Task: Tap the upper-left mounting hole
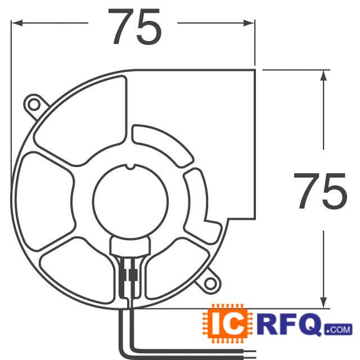(x=34, y=104)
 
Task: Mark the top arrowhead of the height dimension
(x=323, y=76)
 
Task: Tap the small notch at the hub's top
(x=130, y=166)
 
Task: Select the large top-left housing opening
(x=84, y=121)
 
